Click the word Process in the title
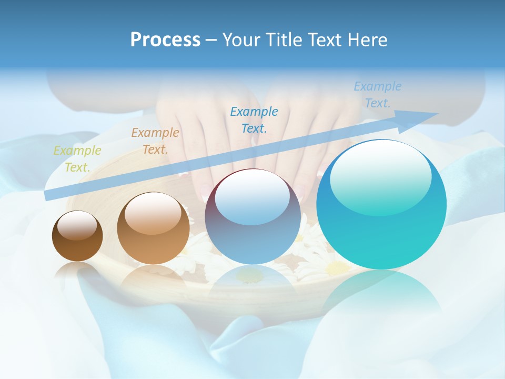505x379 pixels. (165, 40)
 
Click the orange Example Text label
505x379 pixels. (155, 141)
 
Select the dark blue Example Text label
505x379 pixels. (254, 119)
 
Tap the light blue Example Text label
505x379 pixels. (377, 95)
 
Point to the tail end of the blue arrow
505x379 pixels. (48, 195)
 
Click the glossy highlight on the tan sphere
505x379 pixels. (153, 213)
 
